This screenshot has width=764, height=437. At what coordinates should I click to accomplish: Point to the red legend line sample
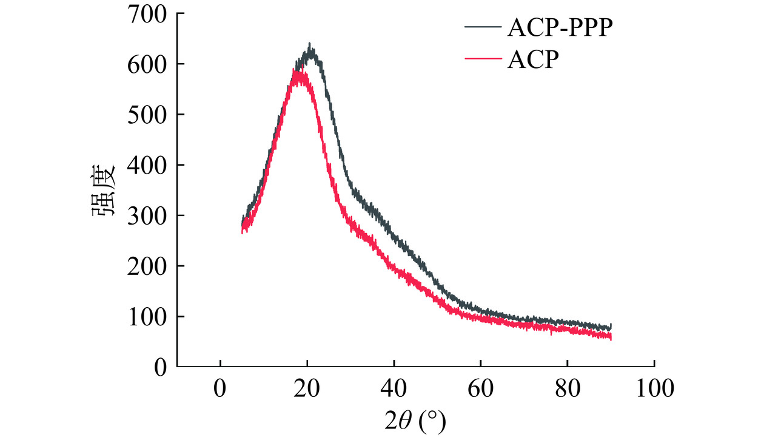click(x=483, y=59)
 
